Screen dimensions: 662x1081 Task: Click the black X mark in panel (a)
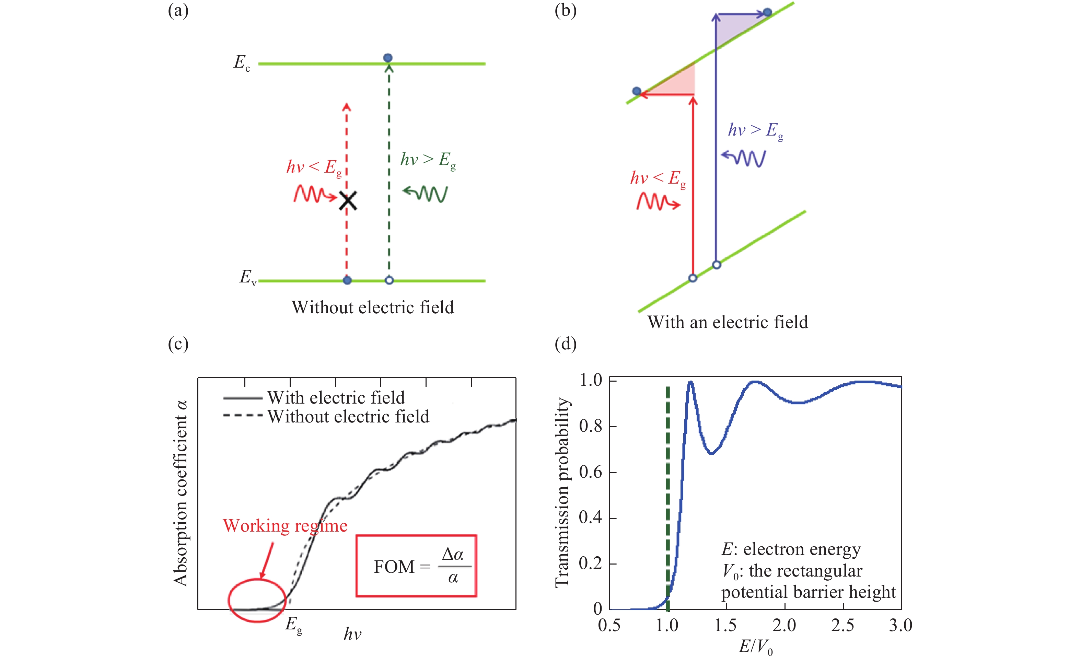[348, 200]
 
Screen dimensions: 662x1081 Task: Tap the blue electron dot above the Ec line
[388, 58]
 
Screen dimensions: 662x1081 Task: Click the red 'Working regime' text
[285, 525]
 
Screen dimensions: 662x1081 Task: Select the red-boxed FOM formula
[416, 566]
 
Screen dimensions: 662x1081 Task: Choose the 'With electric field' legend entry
[336, 397]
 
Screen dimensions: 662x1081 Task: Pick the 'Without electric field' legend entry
[348, 416]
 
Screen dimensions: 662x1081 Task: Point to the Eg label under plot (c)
[293, 625]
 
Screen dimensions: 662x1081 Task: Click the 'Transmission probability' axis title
[562, 492]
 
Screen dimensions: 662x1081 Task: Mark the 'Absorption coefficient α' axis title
[180, 493]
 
